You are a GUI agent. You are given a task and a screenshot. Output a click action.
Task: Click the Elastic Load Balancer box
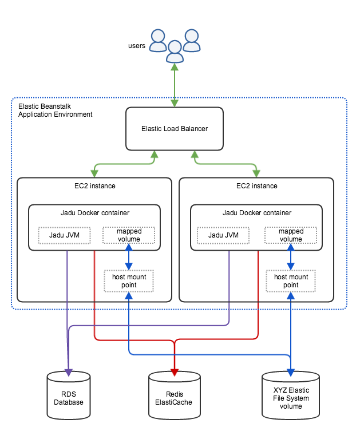pyautogui.click(x=175, y=129)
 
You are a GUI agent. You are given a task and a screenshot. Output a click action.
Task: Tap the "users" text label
pyautogui.click(x=137, y=46)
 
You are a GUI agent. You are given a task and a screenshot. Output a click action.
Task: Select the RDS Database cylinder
pyautogui.click(x=69, y=396)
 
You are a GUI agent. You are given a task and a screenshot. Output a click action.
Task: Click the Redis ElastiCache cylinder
pyautogui.click(x=175, y=396)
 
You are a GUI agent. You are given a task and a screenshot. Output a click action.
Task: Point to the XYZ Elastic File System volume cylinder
pyautogui.click(x=291, y=396)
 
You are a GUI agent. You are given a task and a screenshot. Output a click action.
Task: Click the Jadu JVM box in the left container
pyautogui.click(x=64, y=235)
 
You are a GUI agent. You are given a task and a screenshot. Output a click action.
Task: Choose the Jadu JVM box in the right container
pyautogui.click(x=223, y=235)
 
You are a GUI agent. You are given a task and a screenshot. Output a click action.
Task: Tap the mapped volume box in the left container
pyautogui.click(x=129, y=235)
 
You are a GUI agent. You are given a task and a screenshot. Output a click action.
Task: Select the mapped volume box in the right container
pyautogui.click(x=291, y=235)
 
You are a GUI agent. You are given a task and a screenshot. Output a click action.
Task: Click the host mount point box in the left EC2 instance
pyautogui.click(x=129, y=281)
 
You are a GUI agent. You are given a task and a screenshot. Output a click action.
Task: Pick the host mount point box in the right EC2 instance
pyautogui.click(x=291, y=281)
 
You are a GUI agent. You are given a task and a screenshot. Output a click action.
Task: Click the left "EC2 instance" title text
pyautogui.click(x=95, y=186)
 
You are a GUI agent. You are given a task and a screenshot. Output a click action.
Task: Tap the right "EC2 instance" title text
pyautogui.click(x=256, y=186)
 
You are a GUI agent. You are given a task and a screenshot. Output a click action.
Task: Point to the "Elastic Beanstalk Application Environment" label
pyautogui.click(x=56, y=110)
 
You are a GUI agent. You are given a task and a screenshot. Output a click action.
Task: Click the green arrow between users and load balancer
pyautogui.click(x=175, y=85)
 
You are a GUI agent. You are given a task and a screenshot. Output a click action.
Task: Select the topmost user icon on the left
pyautogui.click(x=158, y=41)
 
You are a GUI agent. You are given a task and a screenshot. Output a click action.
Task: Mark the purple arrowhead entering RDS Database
pyautogui.click(x=69, y=373)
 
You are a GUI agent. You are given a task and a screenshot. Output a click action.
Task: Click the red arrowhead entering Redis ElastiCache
pyautogui.click(x=175, y=373)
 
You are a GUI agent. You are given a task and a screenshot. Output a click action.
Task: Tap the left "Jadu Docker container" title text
pyautogui.click(x=95, y=213)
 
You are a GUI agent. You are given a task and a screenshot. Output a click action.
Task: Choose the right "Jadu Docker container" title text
pyautogui.click(x=256, y=213)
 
